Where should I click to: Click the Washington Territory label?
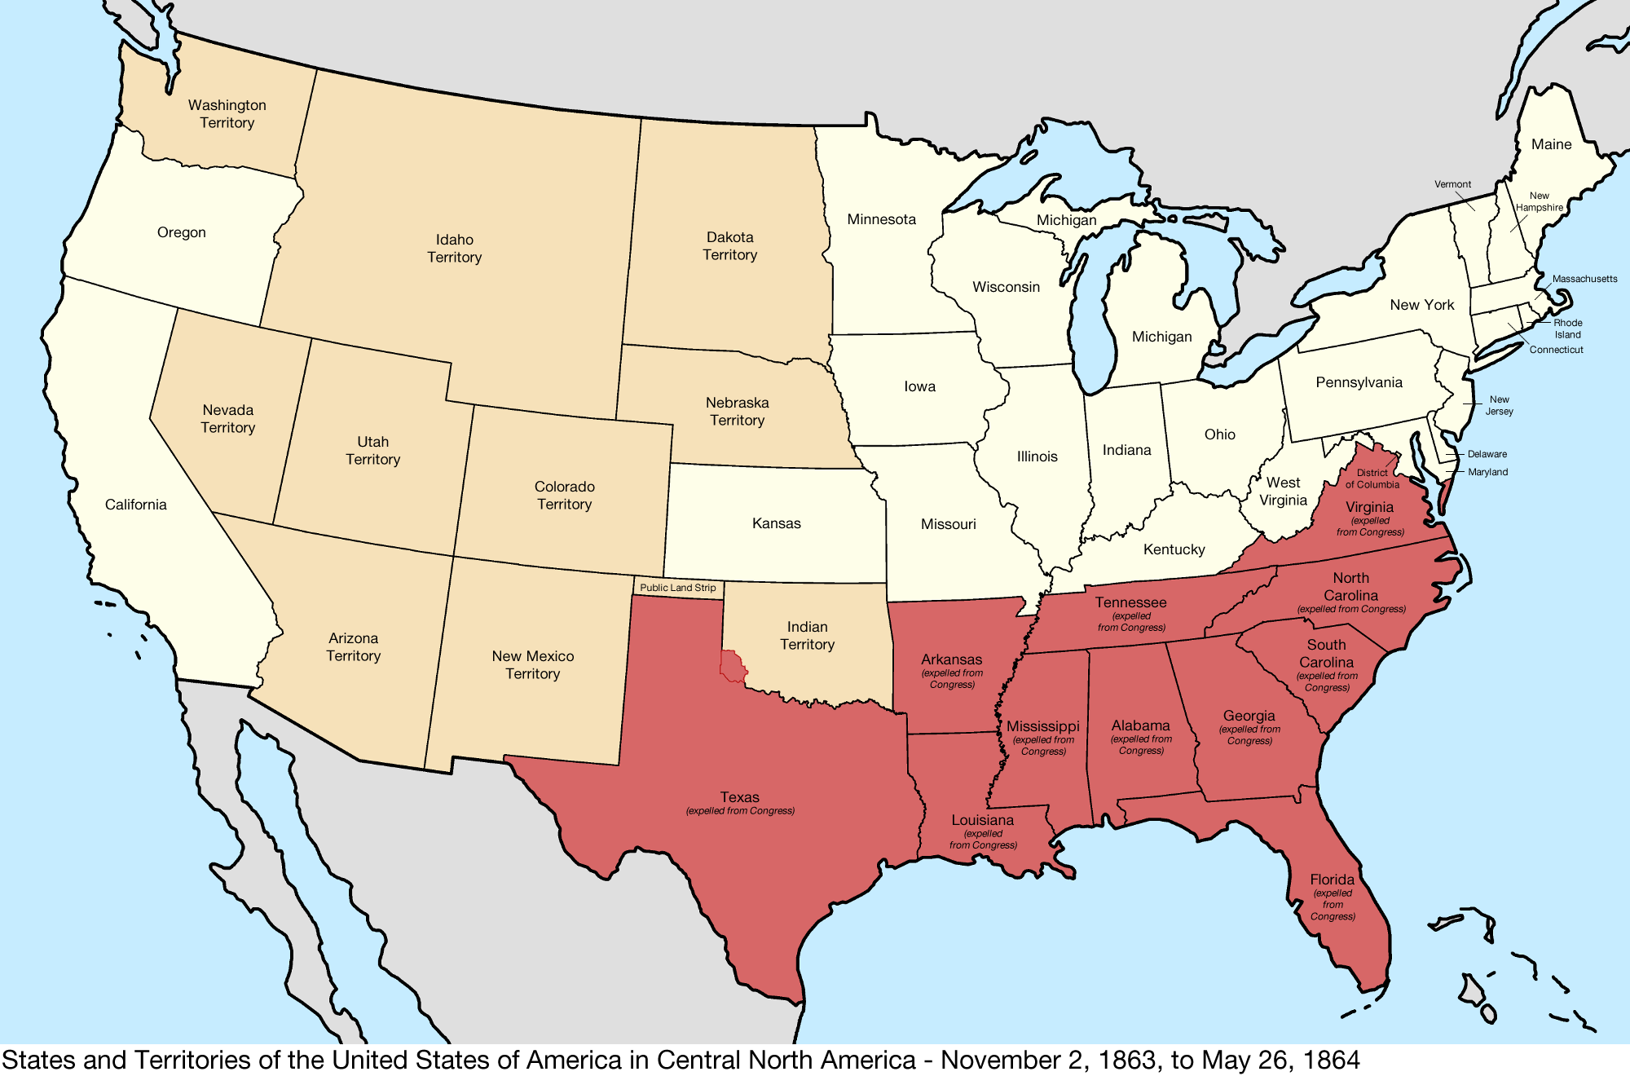click(x=227, y=114)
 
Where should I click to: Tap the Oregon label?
click(x=181, y=232)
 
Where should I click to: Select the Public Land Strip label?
click(x=677, y=588)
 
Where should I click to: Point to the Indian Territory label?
click(x=807, y=635)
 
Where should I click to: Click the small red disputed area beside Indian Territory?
click(x=733, y=667)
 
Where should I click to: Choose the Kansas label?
click(x=776, y=523)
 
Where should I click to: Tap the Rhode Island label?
click(x=1567, y=329)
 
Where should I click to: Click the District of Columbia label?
click(x=1372, y=478)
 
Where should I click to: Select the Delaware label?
click(x=1487, y=454)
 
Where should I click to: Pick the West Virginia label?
click(x=1283, y=492)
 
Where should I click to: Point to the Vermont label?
click(x=1452, y=184)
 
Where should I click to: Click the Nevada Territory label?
click(x=227, y=418)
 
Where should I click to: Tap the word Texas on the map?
click(x=739, y=797)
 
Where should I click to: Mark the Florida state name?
click(x=1332, y=880)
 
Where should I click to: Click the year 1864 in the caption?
click(x=1331, y=1060)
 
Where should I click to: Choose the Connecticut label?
click(x=1556, y=350)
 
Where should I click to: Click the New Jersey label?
click(x=1499, y=405)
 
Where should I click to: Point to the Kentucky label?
click(x=1174, y=549)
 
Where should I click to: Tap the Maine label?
click(x=1551, y=144)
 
